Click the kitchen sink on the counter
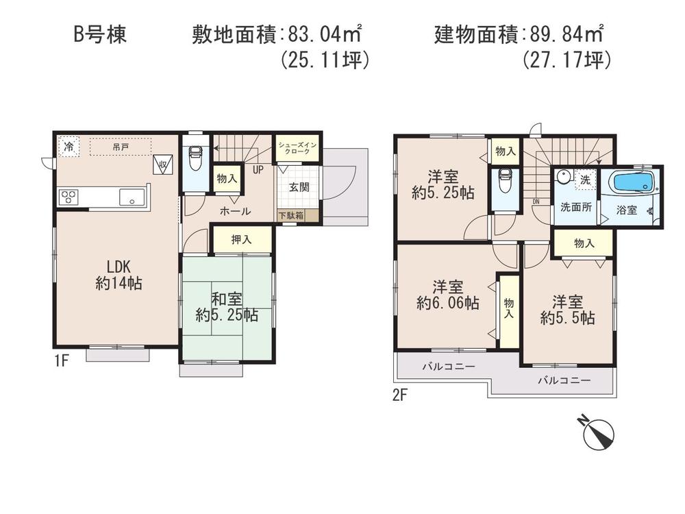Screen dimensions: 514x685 coord(132,197)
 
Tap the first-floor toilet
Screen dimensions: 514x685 coord(195,160)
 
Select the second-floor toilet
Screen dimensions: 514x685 coord(506,181)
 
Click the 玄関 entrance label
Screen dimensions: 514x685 coord(298,187)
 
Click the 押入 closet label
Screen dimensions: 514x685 coord(241,240)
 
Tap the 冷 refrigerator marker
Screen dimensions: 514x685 coord(68,145)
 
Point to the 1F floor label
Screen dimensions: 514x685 coord(60,361)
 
